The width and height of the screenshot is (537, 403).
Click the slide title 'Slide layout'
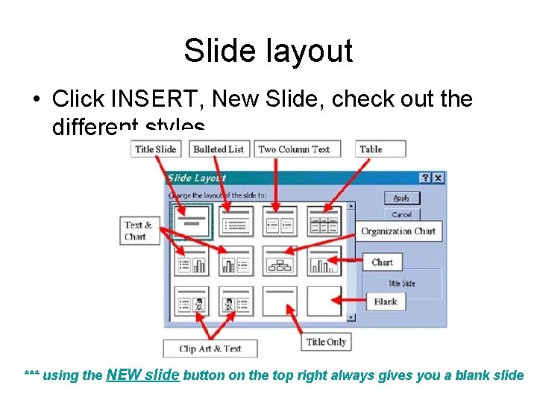tap(268, 51)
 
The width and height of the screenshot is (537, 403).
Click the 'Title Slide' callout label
tap(156, 149)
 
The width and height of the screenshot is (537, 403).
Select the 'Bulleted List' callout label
tap(219, 149)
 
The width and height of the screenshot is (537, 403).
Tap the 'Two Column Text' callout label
tap(294, 149)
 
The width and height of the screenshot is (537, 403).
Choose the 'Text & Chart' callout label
tap(138, 231)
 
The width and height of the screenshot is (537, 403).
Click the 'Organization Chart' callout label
tap(398, 231)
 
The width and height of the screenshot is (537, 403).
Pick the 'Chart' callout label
tap(383, 262)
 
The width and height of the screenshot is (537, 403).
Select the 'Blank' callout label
tap(386, 302)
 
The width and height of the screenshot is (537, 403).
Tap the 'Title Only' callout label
tap(326, 342)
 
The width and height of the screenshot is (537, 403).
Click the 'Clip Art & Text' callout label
tap(210, 348)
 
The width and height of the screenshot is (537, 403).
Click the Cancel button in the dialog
tap(402, 214)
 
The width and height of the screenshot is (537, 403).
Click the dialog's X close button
tap(439, 178)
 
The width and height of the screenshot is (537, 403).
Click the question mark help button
tap(425, 178)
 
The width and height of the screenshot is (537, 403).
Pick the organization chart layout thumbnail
tap(280, 261)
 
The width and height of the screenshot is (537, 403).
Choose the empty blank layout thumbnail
tap(324, 302)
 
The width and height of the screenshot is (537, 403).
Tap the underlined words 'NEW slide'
tap(143, 375)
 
